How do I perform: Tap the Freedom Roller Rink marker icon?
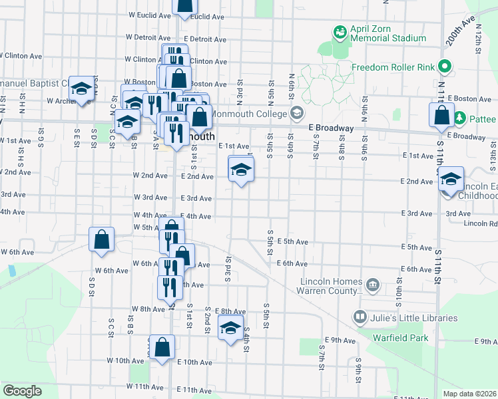coord(446,66)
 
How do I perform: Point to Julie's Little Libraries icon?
coord(361,318)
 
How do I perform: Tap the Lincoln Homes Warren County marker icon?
coord(373,286)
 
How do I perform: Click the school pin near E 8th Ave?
coord(231,329)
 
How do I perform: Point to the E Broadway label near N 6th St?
coord(331,127)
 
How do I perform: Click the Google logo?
coord(23,390)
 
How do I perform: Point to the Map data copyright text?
coord(469,394)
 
